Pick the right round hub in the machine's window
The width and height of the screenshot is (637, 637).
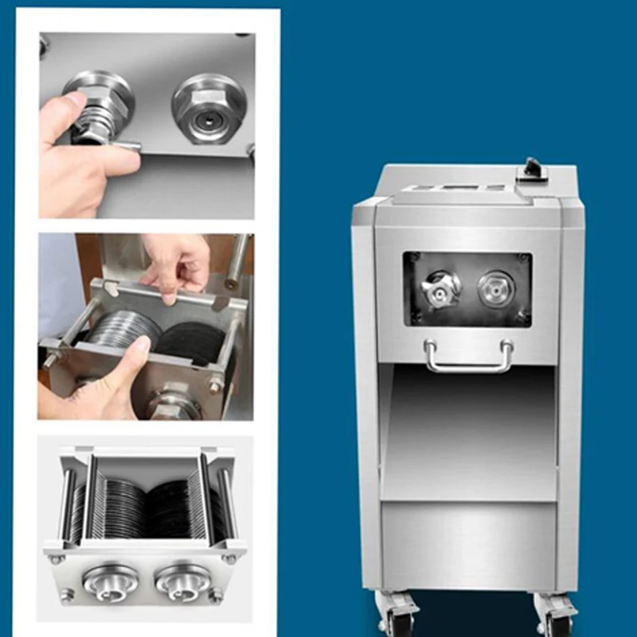point(494,287)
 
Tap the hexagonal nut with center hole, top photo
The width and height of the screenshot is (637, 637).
point(206,110)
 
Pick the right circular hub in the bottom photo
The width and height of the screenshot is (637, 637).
point(183,581)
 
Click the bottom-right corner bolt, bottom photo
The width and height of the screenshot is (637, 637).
point(216,594)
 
